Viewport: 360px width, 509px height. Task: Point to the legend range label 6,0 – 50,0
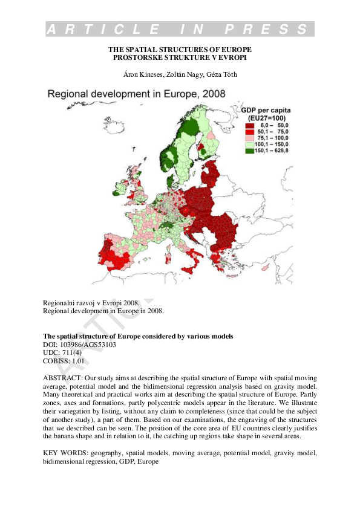(273, 125)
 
